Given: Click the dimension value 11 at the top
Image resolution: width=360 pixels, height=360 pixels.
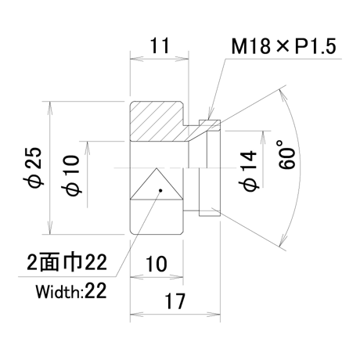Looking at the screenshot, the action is (160, 45).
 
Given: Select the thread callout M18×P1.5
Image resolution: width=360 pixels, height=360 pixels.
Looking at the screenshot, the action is (283, 46).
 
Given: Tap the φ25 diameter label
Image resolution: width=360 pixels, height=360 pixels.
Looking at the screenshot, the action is (36, 167).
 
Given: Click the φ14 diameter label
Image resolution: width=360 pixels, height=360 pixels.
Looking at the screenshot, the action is (249, 171).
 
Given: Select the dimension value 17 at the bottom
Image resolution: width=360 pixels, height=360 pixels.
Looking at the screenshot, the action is (175, 301).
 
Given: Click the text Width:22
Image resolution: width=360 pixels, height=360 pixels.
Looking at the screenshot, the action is (71, 291).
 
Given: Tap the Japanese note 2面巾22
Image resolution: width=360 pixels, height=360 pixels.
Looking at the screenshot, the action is (67, 262).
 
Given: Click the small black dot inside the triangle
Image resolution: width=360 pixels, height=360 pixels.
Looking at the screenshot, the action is (160, 190).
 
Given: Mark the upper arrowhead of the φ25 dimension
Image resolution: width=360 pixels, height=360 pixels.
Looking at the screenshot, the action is (49, 108).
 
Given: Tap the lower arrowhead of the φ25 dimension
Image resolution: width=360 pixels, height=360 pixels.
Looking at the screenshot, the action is (49, 228).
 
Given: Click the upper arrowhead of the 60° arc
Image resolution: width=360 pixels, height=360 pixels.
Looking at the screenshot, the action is (283, 95).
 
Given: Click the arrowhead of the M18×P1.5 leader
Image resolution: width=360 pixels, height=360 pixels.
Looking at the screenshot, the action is (210, 113).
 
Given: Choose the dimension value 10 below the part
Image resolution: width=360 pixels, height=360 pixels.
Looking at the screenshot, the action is (156, 264).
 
